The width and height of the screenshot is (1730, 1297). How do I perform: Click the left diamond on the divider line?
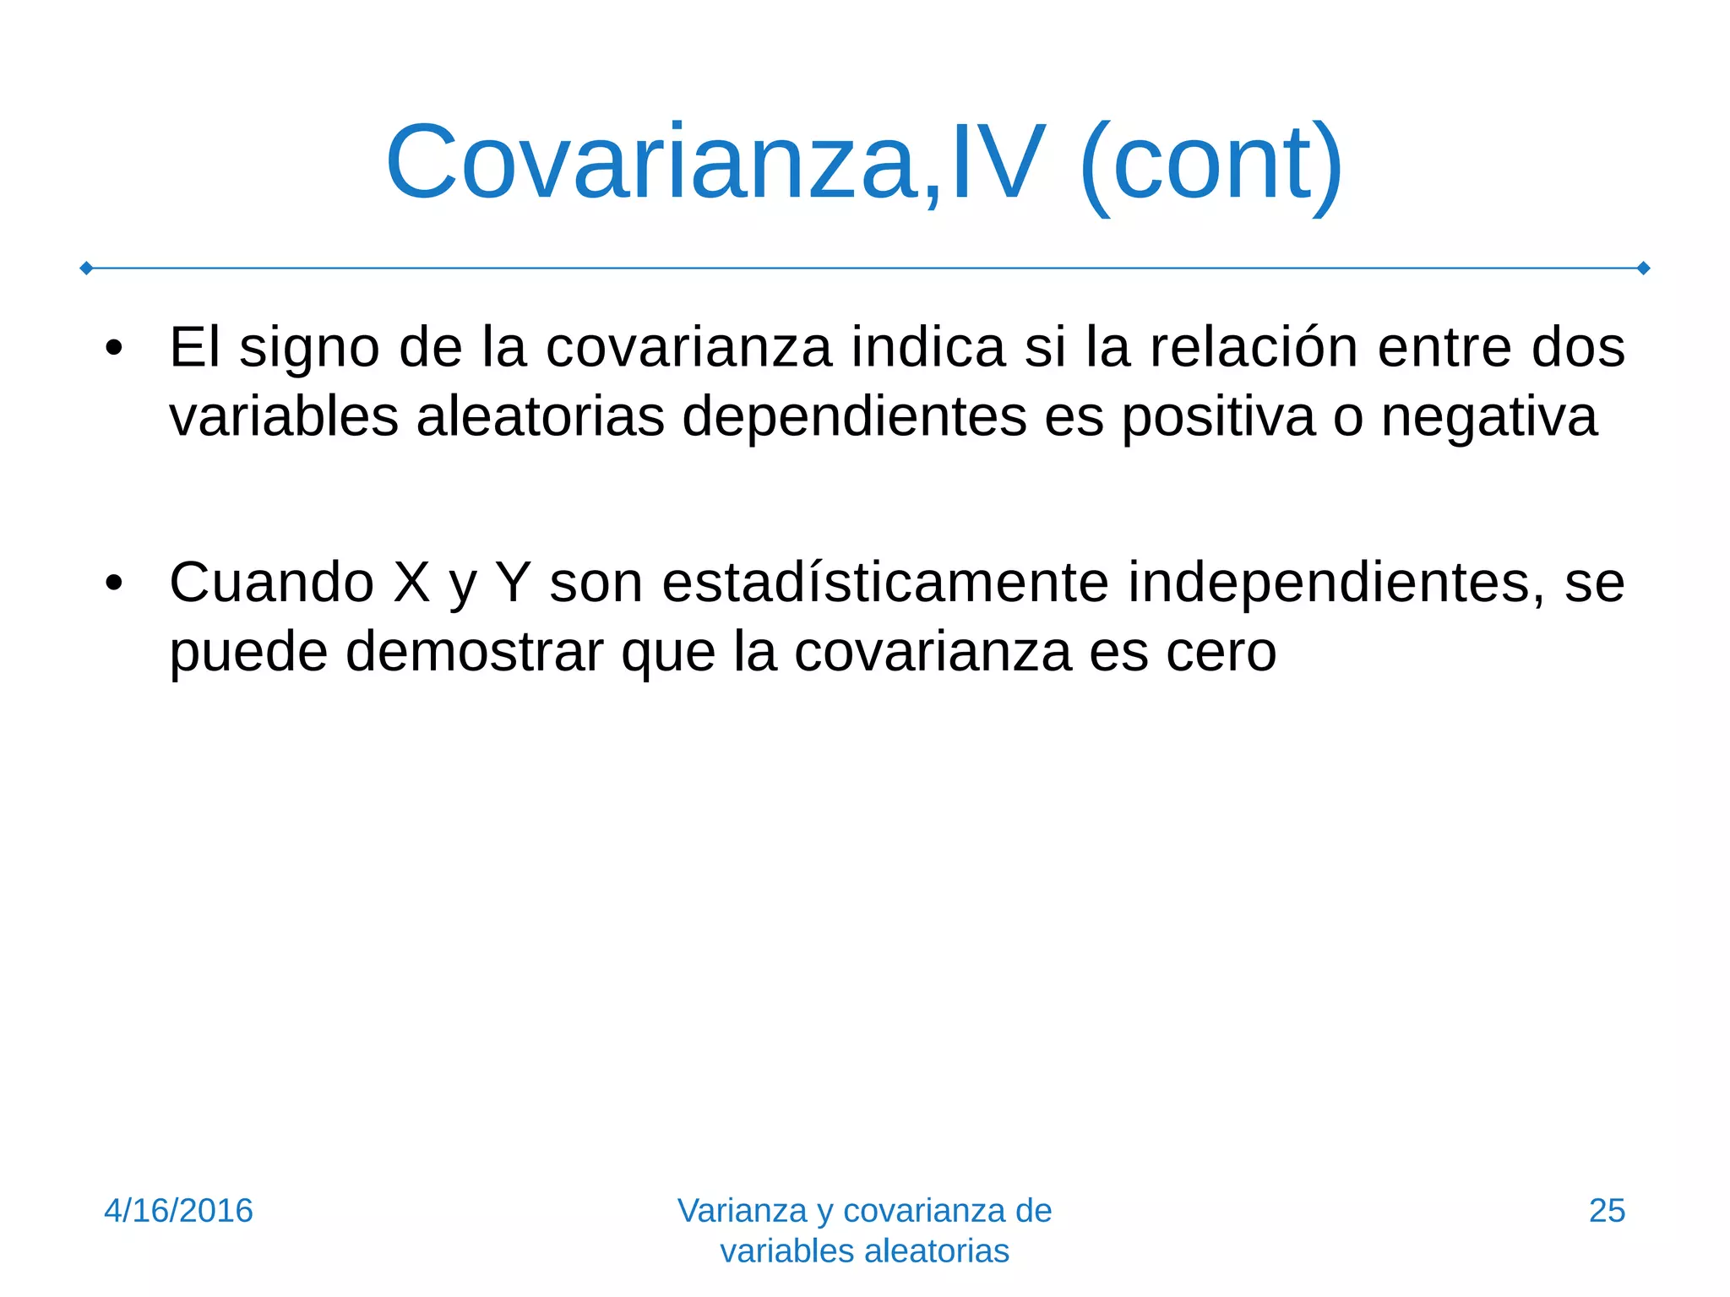coord(86,269)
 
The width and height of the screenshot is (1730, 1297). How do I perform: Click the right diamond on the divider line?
coord(1644,269)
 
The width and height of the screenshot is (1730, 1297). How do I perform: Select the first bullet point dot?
coord(115,348)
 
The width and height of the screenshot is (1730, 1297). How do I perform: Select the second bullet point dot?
coord(115,583)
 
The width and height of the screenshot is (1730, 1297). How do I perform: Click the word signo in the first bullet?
coord(309,348)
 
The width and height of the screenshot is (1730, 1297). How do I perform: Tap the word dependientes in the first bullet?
coord(853,417)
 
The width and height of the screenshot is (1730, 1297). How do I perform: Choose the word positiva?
coord(1218,417)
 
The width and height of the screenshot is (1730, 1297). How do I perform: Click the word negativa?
coord(1488,417)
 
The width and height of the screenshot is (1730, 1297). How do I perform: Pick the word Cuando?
coord(271,583)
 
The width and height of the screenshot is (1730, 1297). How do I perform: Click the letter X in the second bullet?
coord(412,583)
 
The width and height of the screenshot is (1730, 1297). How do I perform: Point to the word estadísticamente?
coord(885,583)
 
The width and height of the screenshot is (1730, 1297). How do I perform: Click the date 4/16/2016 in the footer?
coord(178,1211)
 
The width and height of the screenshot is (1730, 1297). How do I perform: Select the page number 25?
coord(1607,1211)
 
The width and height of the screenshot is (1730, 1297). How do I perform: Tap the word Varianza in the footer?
coord(742,1211)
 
